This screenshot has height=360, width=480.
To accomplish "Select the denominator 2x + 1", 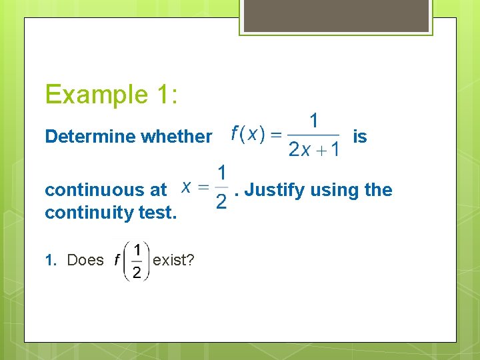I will pyautogui.click(x=313, y=149).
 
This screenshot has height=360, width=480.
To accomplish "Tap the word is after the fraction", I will pyautogui.click(x=359, y=137).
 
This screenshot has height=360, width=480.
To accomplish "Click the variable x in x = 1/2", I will pyautogui.click(x=189, y=188).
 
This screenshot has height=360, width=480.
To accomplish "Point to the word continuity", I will pyautogui.click(x=85, y=213).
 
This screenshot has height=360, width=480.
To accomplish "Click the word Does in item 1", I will pyautogui.click(x=85, y=260).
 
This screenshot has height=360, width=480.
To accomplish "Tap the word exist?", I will pyautogui.click(x=173, y=260).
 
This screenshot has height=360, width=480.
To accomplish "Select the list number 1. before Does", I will pyautogui.click(x=53, y=260).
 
